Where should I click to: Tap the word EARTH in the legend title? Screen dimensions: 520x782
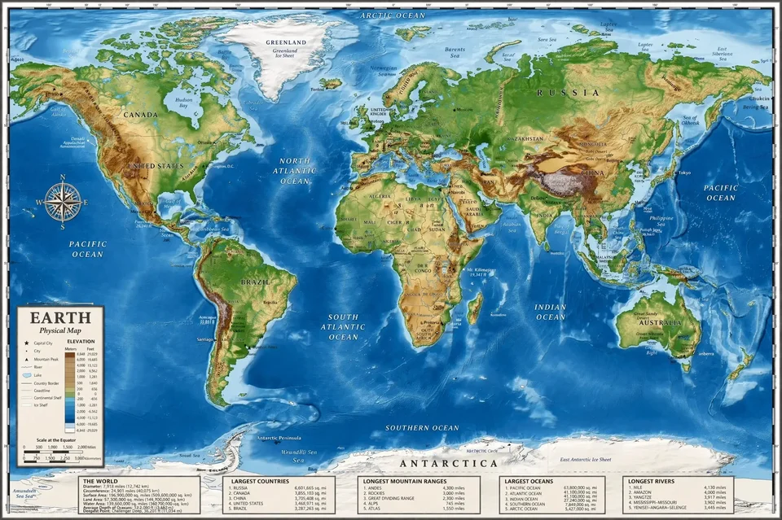click(50, 318)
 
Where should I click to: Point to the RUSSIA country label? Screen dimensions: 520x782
click(568, 93)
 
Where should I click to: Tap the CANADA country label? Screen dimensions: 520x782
click(140, 115)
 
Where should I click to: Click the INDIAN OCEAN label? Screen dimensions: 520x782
click(551, 312)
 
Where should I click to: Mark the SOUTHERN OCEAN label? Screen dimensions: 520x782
click(422, 427)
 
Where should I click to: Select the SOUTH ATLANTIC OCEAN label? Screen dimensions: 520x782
click(343, 326)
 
